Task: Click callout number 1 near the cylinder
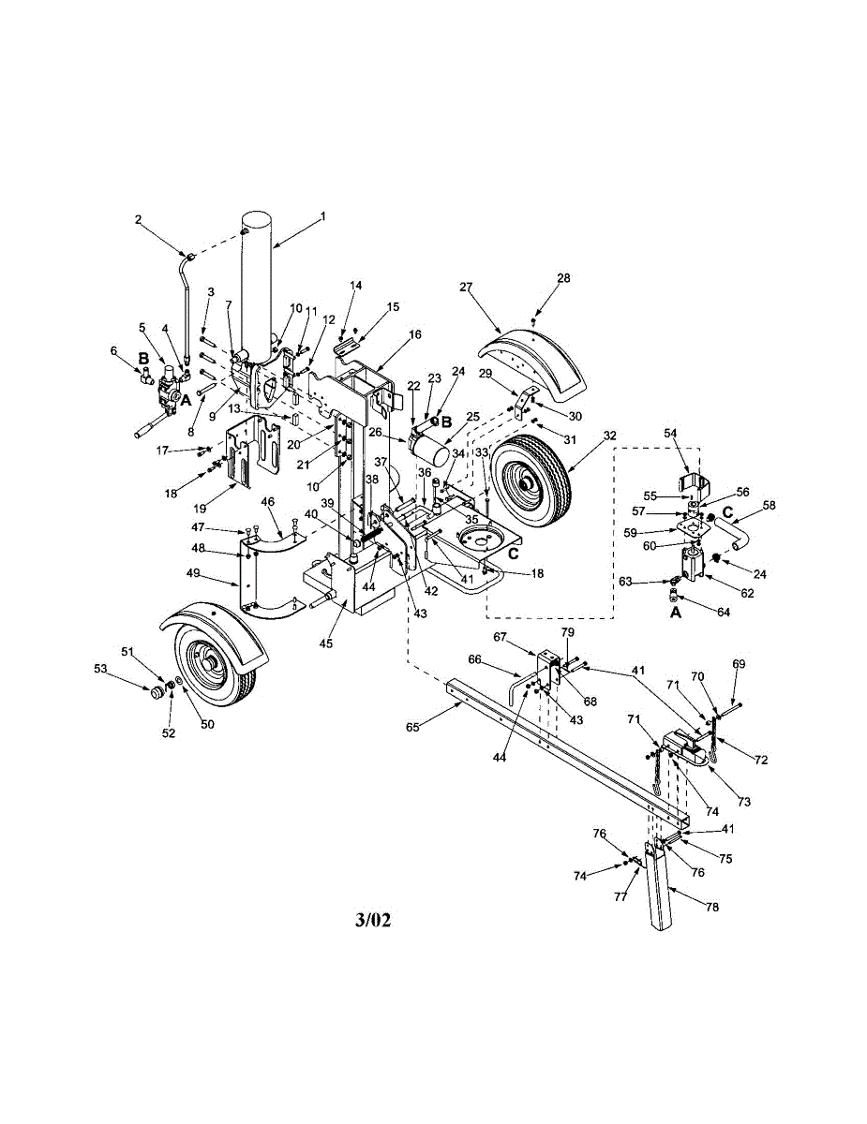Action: pos(322,216)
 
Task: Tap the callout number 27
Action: pos(465,288)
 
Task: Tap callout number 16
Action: pos(415,334)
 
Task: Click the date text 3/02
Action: pos(373,919)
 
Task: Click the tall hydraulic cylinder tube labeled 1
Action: pos(258,290)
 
